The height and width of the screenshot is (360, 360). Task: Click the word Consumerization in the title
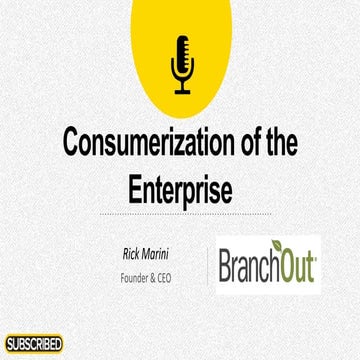pyautogui.click(x=151, y=144)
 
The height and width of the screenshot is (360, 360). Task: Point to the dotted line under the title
pyautogui.click(x=180, y=213)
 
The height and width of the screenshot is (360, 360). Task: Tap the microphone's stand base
pyautogui.click(x=183, y=91)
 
